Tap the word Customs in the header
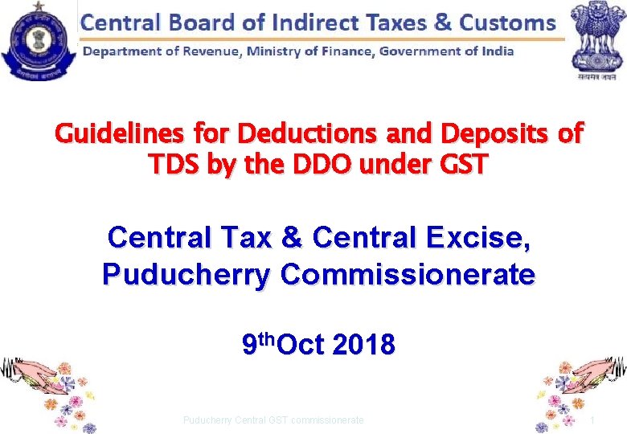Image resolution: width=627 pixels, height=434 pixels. click(x=506, y=22)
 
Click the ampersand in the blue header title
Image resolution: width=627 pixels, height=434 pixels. click(x=442, y=22)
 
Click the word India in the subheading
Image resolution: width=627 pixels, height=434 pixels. click(x=495, y=52)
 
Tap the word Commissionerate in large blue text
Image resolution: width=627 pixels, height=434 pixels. click(x=408, y=275)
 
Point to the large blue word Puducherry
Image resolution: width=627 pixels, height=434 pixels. click(x=187, y=275)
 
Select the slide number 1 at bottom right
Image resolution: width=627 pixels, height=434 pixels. click(x=592, y=420)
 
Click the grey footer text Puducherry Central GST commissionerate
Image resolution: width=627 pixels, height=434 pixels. click(x=273, y=420)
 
